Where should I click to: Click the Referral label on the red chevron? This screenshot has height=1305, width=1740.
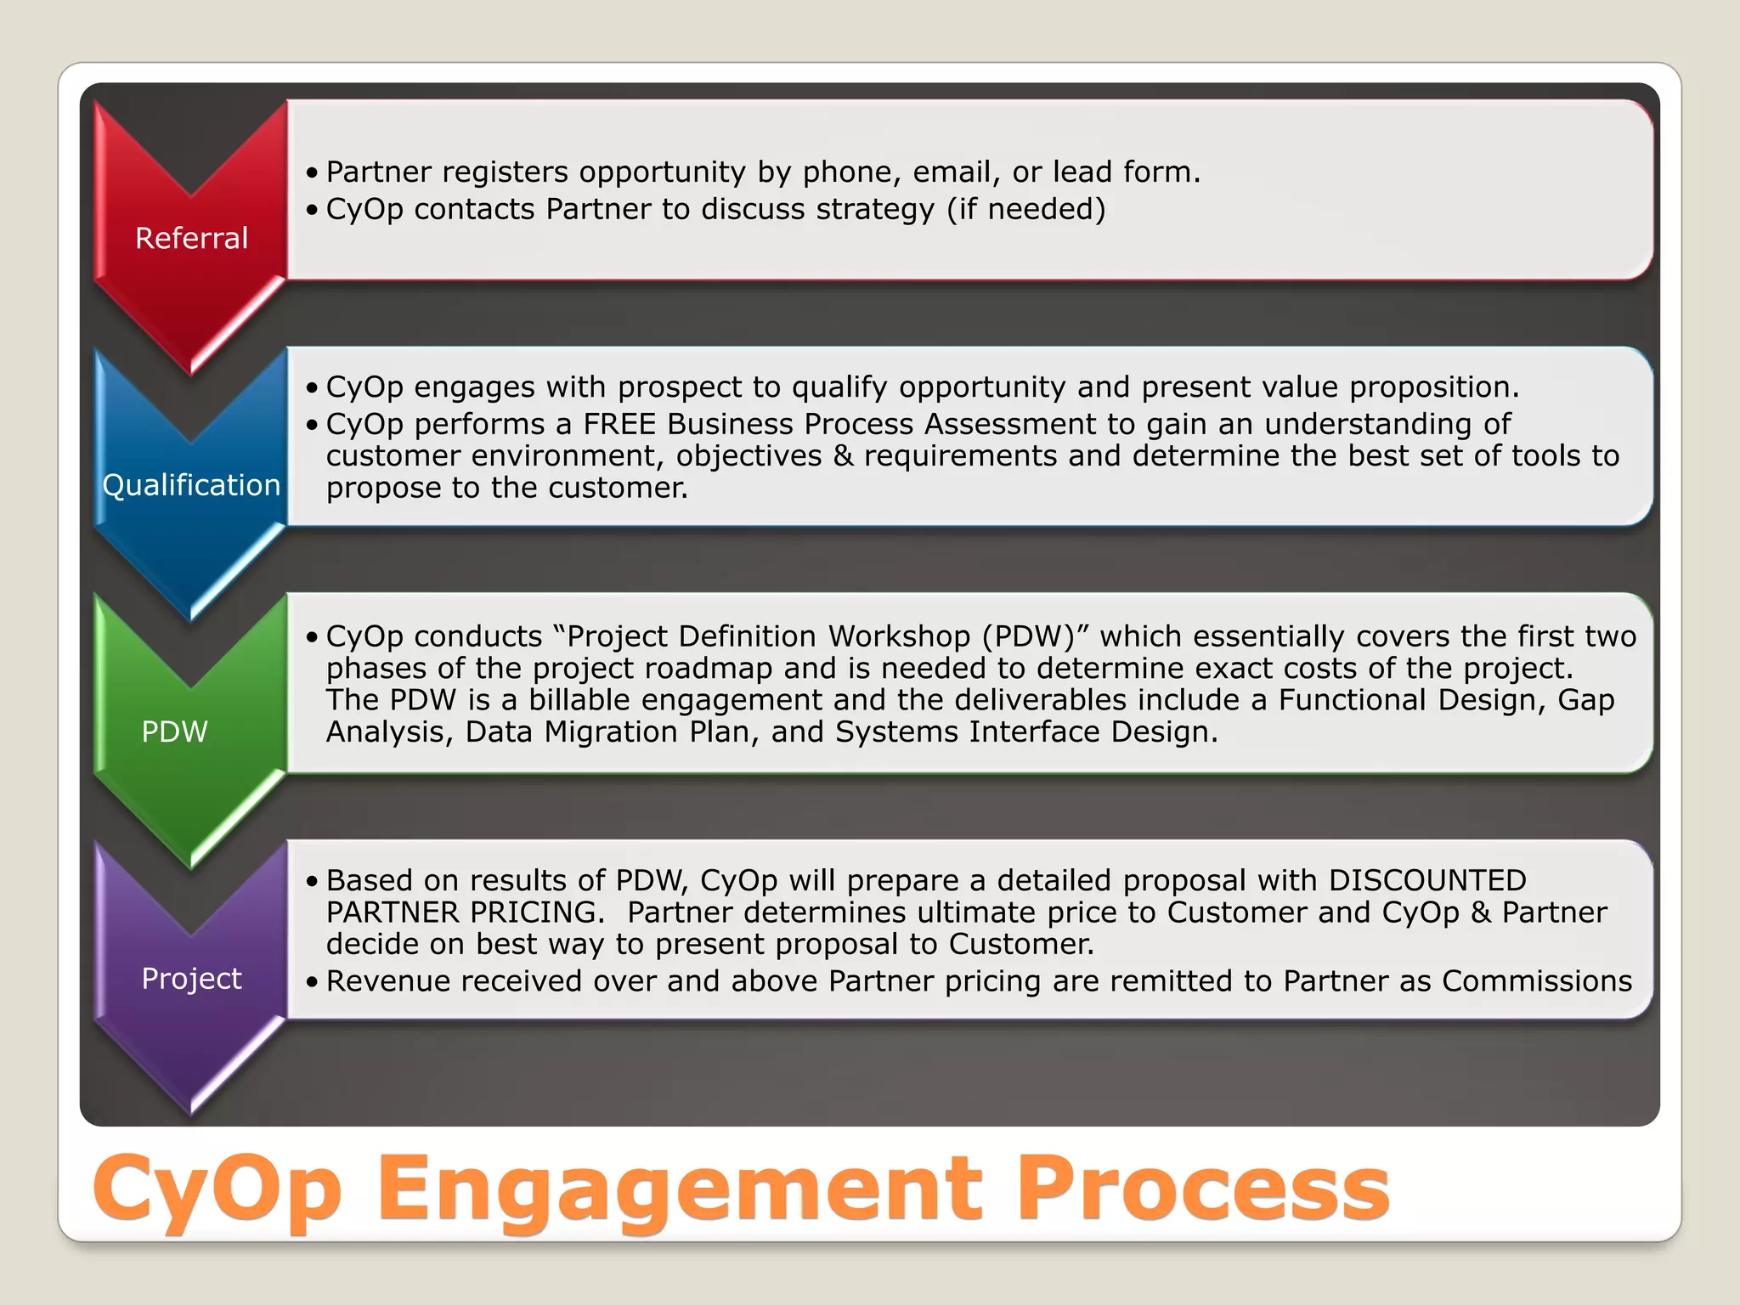(191, 238)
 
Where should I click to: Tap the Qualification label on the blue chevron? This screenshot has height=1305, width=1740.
(191, 485)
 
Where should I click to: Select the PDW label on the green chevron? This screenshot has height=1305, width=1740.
(174, 732)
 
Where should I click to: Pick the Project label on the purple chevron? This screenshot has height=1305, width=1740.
(191, 979)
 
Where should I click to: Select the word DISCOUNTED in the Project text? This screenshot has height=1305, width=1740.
(1427, 880)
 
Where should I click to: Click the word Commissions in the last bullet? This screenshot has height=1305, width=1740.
(1537, 981)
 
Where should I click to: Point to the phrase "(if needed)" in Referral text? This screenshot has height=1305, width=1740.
(1026, 209)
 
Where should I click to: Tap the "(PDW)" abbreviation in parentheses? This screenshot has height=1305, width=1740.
(1028, 636)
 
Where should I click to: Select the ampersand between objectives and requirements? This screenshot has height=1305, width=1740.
(843, 456)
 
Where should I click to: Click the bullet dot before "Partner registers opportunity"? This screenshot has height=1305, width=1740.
(312, 173)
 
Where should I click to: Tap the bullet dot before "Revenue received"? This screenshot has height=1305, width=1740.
(312, 982)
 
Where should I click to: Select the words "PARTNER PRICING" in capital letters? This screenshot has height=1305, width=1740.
(465, 912)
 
